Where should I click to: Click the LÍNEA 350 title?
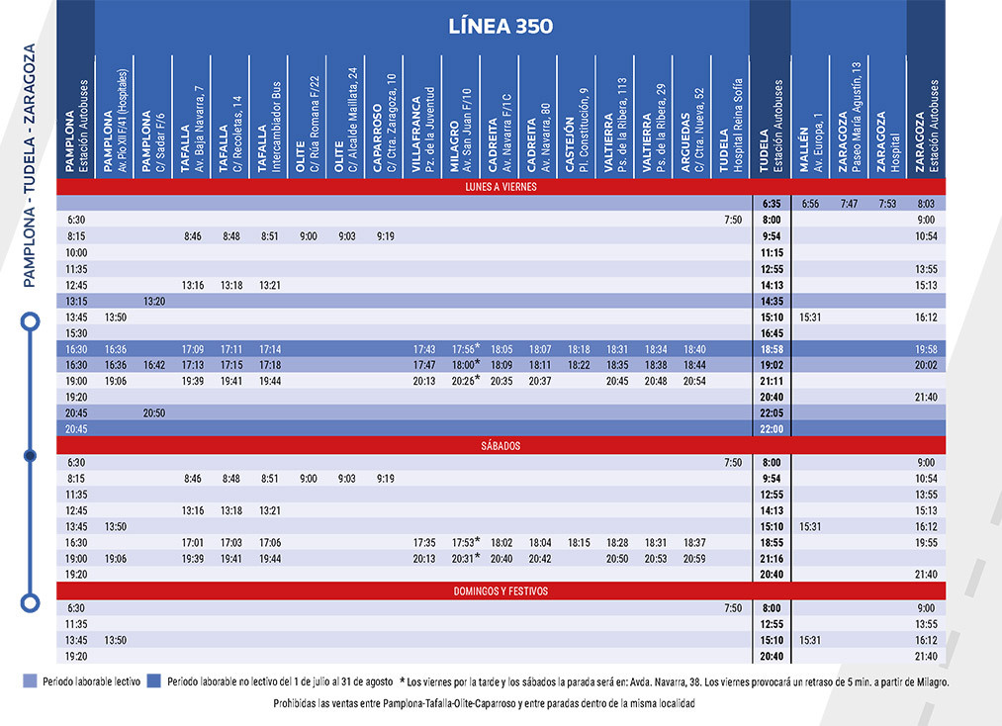point(501,26)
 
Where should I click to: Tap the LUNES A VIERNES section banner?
point(501,187)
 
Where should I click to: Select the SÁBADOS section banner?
point(501,445)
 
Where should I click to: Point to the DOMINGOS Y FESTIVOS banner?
point(501,591)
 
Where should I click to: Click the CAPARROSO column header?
point(385,123)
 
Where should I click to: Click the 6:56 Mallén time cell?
point(810,204)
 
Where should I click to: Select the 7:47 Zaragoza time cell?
point(849,204)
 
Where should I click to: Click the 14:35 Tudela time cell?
point(772,301)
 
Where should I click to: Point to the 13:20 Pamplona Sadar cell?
point(154,301)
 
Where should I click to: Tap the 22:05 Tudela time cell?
point(772,412)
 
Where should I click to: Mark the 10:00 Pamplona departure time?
point(76,252)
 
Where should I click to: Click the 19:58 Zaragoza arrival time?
point(926,349)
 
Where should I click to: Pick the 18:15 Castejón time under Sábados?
point(579,543)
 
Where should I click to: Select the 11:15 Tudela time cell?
point(772,252)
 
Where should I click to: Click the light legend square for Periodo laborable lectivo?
point(30,681)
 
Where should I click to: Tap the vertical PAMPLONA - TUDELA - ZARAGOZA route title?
point(30,165)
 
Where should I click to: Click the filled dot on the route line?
point(30,456)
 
